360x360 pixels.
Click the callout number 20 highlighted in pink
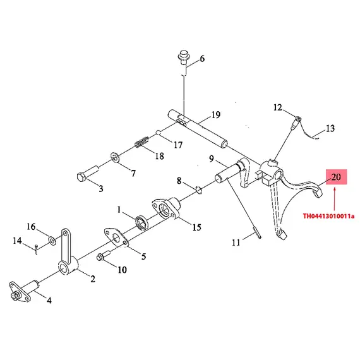tap(336, 177)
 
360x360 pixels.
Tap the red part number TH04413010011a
tap(328, 216)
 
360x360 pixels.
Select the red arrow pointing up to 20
tap(334, 199)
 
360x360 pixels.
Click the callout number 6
tap(202, 59)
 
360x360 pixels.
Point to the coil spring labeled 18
tap(141, 143)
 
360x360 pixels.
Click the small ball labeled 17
tap(158, 132)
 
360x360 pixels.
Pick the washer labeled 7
tap(114, 157)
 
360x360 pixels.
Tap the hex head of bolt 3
tap(81, 177)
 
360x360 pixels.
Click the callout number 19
tap(216, 114)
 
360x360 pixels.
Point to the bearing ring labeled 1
tap(141, 222)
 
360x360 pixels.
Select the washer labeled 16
tap(52, 241)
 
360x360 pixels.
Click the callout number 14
tap(17, 241)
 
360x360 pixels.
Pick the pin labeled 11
tap(257, 233)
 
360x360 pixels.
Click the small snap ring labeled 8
tap(198, 189)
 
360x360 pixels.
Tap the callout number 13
tap(330, 128)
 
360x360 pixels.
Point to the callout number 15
tap(197, 227)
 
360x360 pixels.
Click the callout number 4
tap(49, 300)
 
